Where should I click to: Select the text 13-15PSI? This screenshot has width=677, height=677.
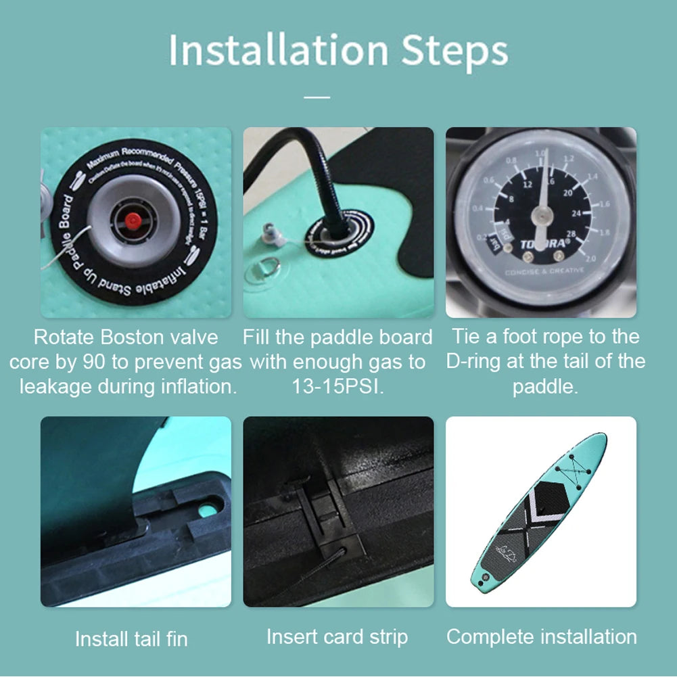pos(337,387)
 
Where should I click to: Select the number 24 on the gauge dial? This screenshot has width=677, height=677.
pos(576,214)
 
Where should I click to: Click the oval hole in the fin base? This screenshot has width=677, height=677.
pos(210,505)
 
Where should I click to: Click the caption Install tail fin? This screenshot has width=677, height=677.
pos(131,638)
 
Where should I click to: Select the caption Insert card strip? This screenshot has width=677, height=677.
pos(337,637)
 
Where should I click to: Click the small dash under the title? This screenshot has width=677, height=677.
pos(317,97)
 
